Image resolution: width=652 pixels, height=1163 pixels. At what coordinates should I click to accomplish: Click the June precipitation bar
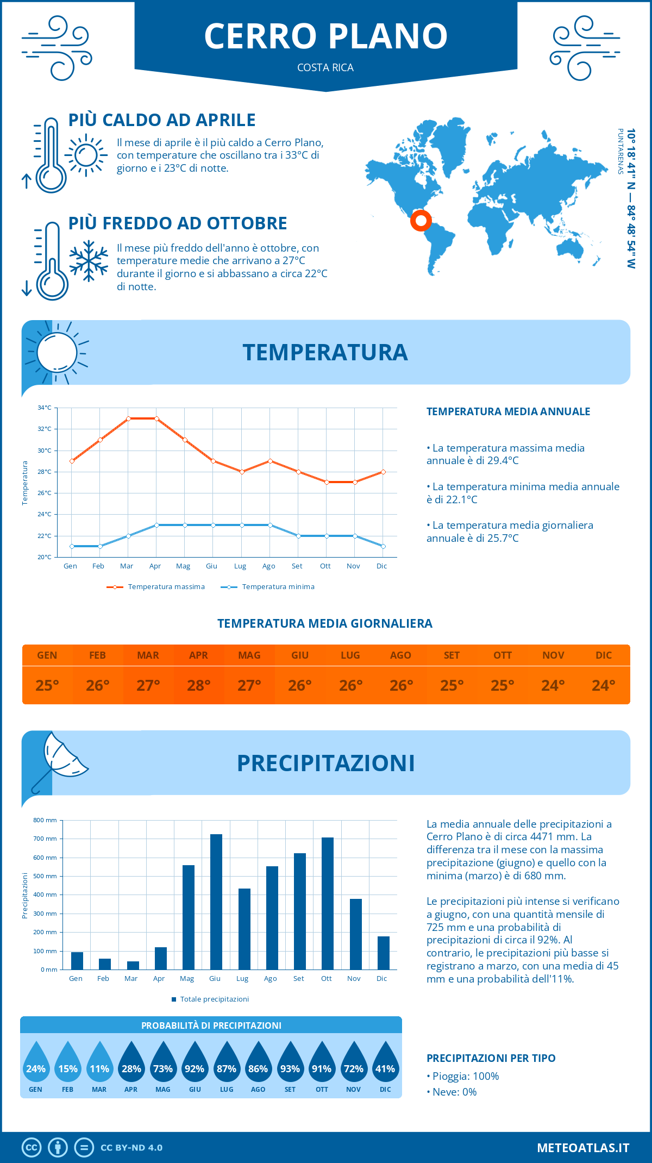tap(216, 902)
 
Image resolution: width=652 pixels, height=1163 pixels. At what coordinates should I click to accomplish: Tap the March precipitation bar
tap(133, 965)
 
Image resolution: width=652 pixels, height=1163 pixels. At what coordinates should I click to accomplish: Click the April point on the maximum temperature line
tap(156, 418)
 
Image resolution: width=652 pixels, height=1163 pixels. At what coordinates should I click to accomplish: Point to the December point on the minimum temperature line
tap(383, 546)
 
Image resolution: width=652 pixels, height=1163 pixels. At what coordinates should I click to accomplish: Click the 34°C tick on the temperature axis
tap(45, 408)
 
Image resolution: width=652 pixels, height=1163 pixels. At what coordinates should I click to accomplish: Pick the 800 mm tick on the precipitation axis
tap(45, 820)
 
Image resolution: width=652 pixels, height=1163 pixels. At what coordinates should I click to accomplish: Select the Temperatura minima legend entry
tap(267, 587)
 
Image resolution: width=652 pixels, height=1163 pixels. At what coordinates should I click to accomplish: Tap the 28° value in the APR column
tap(198, 685)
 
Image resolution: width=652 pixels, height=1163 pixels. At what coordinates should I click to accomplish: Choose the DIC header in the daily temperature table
tap(604, 655)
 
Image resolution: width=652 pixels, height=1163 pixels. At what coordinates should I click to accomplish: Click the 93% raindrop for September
tap(290, 1066)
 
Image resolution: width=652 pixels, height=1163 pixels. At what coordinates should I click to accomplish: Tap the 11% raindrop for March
tap(99, 1066)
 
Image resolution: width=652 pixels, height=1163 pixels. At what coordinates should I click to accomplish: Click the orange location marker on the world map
tap(421, 221)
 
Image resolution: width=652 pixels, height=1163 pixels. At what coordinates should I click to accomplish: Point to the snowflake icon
tap(89, 261)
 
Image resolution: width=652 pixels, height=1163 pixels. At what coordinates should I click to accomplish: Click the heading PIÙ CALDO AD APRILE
tap(162, 120)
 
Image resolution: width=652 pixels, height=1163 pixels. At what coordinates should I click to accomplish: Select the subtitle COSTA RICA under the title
tap(325, 67)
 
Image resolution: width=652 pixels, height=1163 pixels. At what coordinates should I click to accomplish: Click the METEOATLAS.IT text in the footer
tap(582, 1148)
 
